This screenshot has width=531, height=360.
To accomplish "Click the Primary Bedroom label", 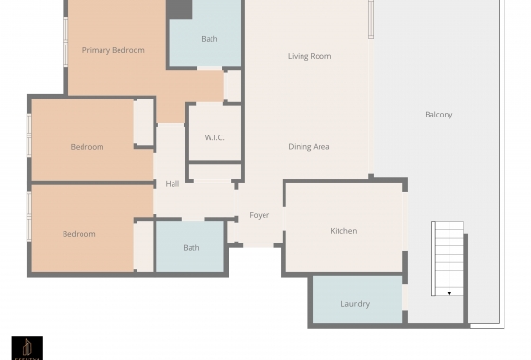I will (x=113, y=50).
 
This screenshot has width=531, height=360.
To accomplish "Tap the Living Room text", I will (x=309, y=56).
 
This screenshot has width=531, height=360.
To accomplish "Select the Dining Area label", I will (x=308, y=147).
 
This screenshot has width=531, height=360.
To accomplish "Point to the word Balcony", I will (x=438, y=115).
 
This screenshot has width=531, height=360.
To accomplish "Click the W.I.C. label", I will (x=214, y=137).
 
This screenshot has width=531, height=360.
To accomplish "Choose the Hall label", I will (x=173, y=184).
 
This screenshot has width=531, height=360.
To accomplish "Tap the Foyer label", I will (x=259, y=215).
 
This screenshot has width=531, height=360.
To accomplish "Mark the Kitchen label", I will (x=343, y=231).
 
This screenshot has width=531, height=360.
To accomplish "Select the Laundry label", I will (x=355, y=304).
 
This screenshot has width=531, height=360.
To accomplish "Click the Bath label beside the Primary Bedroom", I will (x=209, y=39).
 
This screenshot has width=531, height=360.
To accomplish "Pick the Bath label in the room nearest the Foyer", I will (x=192, y=248).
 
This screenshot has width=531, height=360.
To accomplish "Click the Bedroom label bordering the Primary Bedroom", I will (x=87, y=147).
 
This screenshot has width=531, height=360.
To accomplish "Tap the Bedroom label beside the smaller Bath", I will (x=79, y=234).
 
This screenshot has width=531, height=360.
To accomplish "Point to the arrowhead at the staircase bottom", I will (x=449, y=294).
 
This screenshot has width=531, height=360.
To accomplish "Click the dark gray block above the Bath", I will (x=179, y=9).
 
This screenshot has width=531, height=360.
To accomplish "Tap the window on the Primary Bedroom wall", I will (x=64, y=43).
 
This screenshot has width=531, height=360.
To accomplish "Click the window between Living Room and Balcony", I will (x=371, y=19).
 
